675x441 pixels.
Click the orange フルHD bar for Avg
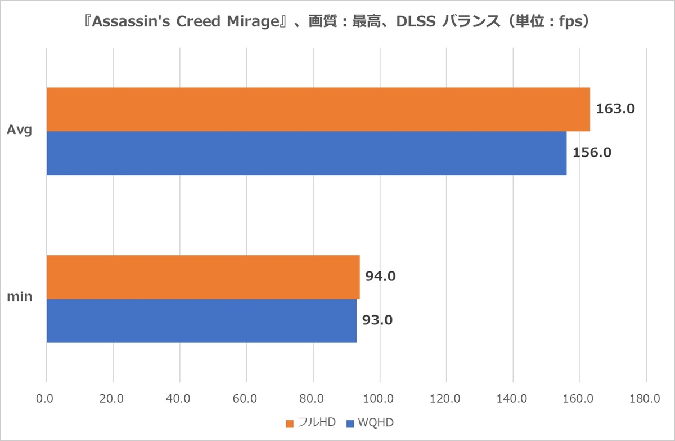coord(318,109)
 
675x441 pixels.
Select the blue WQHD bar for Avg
coord(307,153)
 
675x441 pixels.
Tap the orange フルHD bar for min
coord(202,277)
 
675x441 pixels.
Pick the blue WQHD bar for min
coord(201,320)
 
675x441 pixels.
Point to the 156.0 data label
coord(592,152)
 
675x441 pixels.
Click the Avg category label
coord(20,131)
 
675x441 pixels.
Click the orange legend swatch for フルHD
coord(290,423)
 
